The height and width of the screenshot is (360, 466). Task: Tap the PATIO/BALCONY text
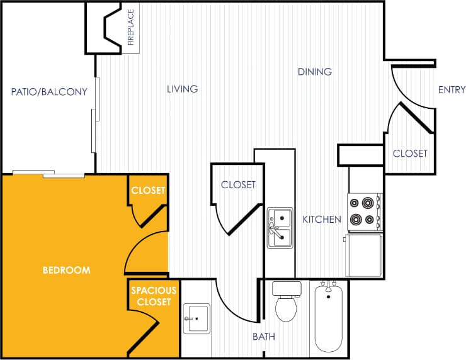tap(49, 92)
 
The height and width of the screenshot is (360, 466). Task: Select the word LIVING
tap(182, 89)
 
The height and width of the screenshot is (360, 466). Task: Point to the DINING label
tap(314, 72)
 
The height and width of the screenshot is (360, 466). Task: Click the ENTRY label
tap(451, 90)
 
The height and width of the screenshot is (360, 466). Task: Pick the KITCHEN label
tap(322, 220)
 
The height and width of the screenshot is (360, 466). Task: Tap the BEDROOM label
tap(66, 270)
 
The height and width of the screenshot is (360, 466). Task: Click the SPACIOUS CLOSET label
tap(151, 297)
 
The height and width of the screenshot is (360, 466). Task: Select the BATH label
tap(263, 337)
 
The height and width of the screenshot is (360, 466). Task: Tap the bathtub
tap(328, 317)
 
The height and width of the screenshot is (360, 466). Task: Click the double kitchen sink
tap(279, 227)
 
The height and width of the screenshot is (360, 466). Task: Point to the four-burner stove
tap(364, 211)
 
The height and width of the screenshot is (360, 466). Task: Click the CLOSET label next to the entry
tap(410, 154)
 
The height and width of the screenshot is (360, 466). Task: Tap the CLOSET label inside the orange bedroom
tap(148, 190)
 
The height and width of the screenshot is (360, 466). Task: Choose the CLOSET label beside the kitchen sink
tap(238, 185)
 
